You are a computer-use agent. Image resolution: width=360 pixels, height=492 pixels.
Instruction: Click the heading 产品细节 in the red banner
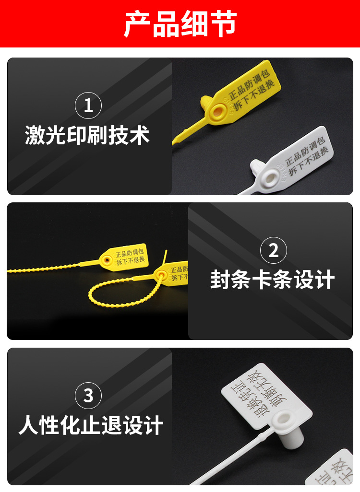click(x=180, y=24)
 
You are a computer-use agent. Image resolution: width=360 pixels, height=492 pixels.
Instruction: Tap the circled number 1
click(x=88, y=105)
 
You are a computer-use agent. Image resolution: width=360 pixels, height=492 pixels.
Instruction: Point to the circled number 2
click(x=273, y=250)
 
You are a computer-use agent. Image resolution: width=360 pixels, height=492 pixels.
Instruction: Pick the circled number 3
click(x=88, y=396)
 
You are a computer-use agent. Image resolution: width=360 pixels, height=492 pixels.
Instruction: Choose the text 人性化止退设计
click(x=91, y=426)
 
